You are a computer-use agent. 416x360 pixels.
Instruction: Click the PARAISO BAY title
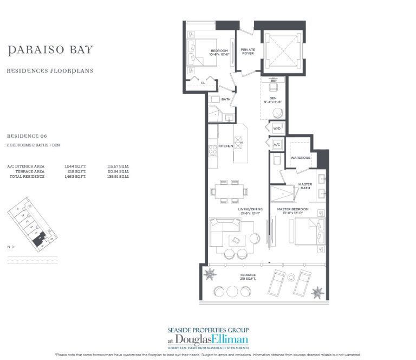50,50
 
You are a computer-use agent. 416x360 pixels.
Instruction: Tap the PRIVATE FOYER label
248,52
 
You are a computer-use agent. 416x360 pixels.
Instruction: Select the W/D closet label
276,128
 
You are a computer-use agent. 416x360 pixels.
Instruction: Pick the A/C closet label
276,145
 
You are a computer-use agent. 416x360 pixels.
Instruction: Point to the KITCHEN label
225,146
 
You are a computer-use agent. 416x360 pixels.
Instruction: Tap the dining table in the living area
231,191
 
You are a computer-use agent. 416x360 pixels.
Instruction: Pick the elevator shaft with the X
278,50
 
